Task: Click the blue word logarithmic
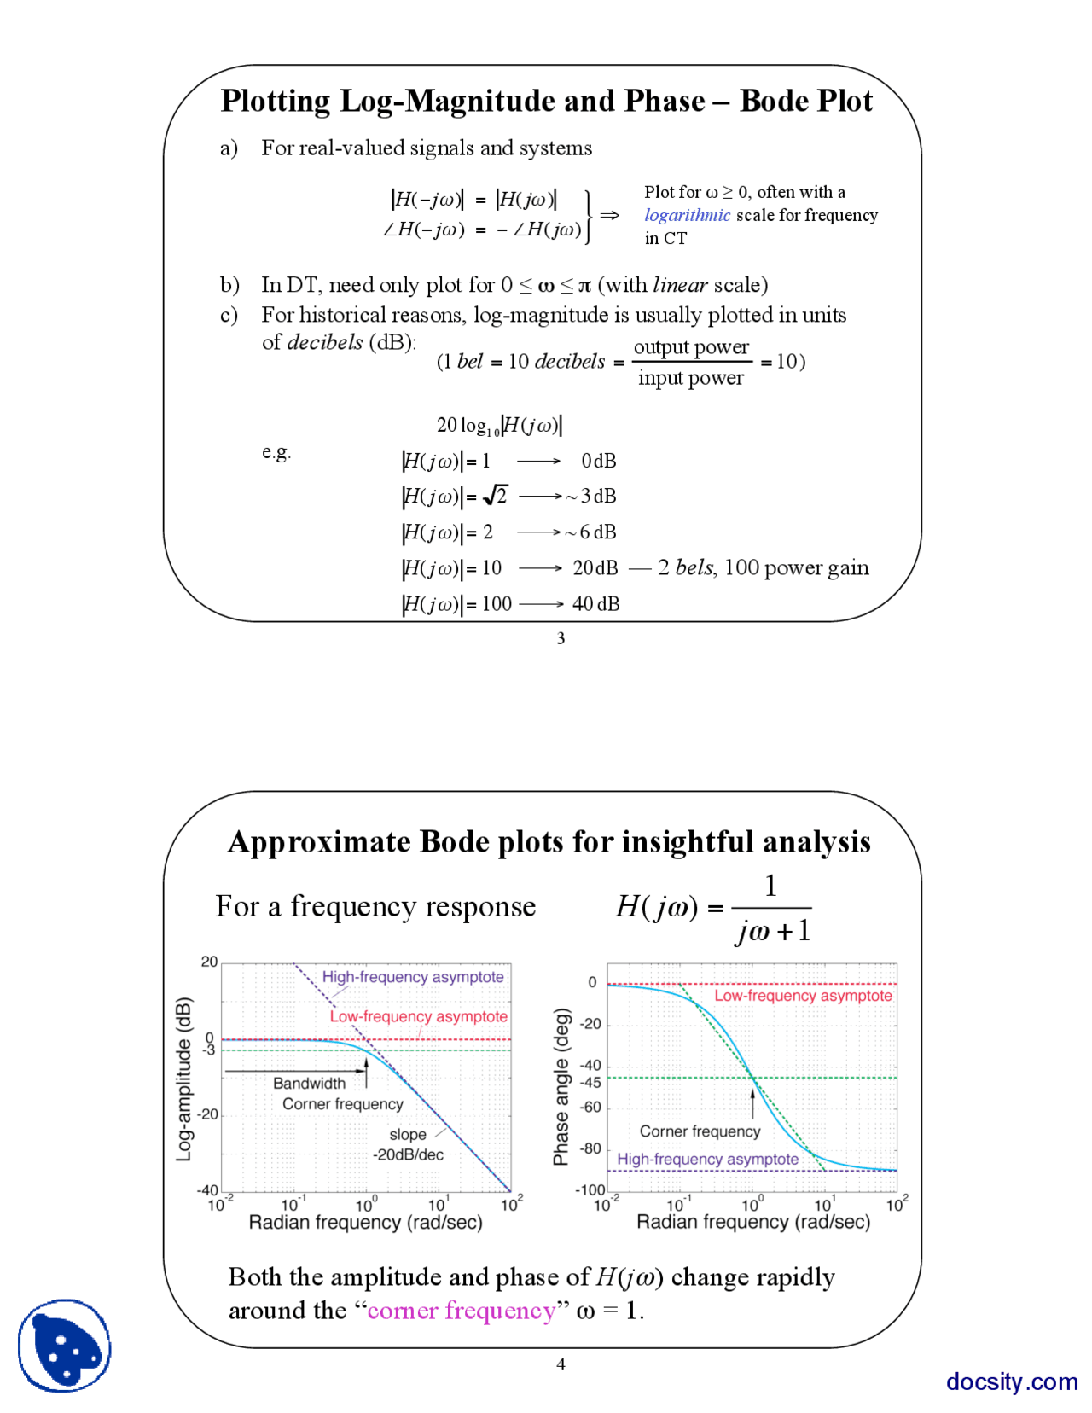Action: [687, 215]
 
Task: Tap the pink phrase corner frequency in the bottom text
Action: [461, 1310]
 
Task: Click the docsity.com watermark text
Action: [1011, 1381]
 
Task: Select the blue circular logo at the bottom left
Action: [65, 1346]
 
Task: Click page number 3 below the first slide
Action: [561, 638]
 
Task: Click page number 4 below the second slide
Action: [561, 1364]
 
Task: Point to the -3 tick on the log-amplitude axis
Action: [209, 1050]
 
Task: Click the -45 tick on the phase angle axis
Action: [590, 1083]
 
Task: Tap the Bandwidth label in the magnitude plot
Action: [309, 1083]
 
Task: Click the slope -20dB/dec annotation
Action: [408, 1145]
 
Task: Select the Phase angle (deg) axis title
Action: [561, 1086]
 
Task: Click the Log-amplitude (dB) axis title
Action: [183, 1079]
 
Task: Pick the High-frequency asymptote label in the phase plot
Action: [707, 1159]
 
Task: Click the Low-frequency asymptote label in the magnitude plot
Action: [418, 1016]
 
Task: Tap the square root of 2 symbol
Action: [496, 496]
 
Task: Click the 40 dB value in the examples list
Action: [595, 604]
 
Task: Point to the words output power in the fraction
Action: [691, 347]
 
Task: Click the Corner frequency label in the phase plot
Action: [700, 1131]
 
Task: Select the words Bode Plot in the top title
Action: [805, 101]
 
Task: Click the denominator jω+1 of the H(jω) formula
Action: [772, 931]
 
